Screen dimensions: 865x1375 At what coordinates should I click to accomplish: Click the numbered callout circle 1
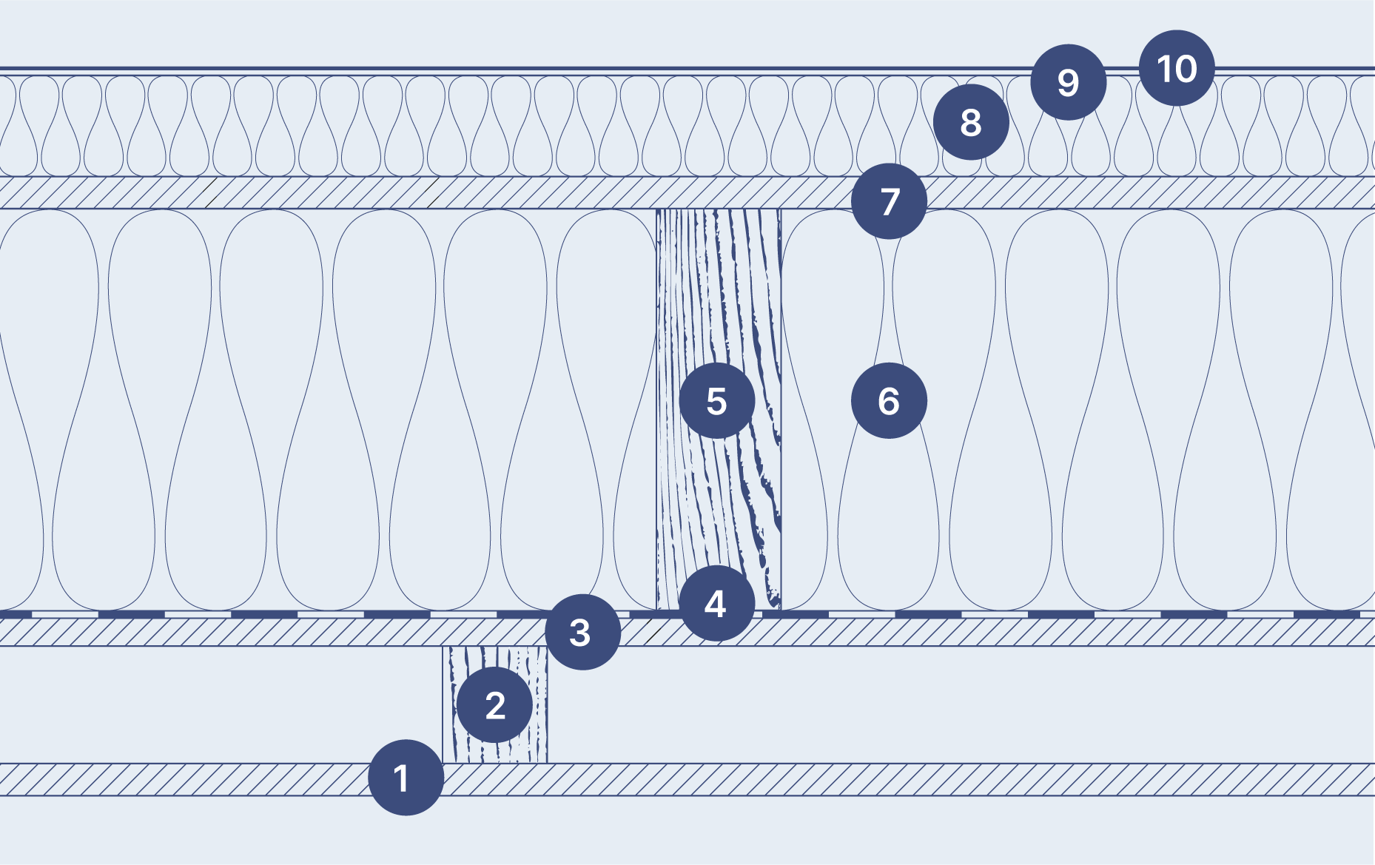pos(406,778)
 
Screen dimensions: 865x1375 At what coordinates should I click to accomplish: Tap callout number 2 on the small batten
pos(494,705)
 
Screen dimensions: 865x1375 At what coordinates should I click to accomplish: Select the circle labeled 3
pos(582,632)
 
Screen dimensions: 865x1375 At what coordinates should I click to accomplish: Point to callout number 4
pos(716,604)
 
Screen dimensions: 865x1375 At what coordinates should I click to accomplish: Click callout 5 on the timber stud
pos(716,400)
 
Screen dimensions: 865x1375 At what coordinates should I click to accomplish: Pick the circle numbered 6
pos(889,400)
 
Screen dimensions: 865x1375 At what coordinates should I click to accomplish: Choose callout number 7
pos(889,201)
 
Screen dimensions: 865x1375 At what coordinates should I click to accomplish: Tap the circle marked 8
pos(971,122)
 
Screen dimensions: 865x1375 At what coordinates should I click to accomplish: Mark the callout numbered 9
pos(1068,82)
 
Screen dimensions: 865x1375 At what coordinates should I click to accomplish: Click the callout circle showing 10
pos(1177,68)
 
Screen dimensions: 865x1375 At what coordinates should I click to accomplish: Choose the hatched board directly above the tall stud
pos(518,193)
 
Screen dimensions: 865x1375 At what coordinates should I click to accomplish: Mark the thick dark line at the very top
pos(518,68)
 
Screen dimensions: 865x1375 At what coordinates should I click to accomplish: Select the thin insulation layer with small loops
pos(518,126)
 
